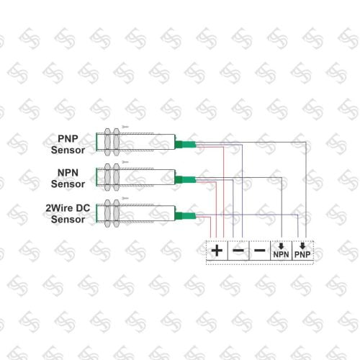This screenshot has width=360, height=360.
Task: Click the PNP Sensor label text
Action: click(68, 144)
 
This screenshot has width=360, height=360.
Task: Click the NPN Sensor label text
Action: click(68, 179)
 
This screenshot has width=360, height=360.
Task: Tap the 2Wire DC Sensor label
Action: click(68, 214)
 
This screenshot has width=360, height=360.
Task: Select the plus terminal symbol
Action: click(217, 251)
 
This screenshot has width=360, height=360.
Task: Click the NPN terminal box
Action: click(281, 251)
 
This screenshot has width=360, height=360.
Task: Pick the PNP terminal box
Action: click(302, 251)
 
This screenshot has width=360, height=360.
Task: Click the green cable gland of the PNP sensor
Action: click(185, 144)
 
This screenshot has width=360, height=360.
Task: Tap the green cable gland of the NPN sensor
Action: click(185, 180)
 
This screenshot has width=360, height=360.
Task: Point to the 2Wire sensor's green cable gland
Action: click(185, 216)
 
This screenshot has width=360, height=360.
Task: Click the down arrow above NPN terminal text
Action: click(281, 246)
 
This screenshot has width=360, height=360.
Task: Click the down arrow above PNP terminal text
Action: click(302, 246)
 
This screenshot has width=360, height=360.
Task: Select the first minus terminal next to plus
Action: click(238, 251)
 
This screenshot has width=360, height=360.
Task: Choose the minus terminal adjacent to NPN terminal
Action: click(260, 251)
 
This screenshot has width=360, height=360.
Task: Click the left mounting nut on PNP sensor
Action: click(107, 142)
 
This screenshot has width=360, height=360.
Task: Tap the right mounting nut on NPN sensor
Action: click(117, 177)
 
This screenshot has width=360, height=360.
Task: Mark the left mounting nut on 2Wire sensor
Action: click(107, 213)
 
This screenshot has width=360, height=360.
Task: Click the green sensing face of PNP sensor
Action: click(96, 142)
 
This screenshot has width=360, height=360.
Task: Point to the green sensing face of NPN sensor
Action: click(96, 177)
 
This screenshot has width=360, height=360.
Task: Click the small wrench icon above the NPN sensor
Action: click(125, 162)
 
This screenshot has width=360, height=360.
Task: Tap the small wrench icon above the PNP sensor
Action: click(125, 127)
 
